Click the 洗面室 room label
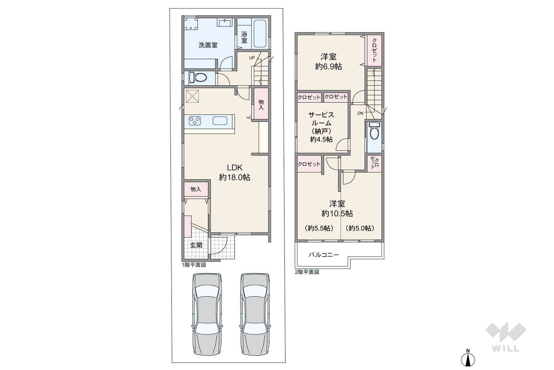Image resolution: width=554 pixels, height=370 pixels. tap(208, 45)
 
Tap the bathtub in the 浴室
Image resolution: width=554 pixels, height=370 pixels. tap(260, 34)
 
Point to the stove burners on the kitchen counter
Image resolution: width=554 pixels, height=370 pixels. tap(195, 121)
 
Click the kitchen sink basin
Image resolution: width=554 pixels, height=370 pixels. tap(220, 121)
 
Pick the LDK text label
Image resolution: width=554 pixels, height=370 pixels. tap(235, 168)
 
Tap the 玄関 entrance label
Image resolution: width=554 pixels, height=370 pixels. tap(196, 245)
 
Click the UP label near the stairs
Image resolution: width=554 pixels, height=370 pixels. tap(252, 58)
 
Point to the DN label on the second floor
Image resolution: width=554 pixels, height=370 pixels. tap(360, 113)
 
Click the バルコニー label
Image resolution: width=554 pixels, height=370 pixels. tap(324, 255)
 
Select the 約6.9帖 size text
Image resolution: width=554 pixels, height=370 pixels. tap(329, 67)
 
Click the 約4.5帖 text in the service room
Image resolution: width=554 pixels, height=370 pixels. tap(321, 139)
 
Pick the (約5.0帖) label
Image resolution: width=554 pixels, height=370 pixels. tap(360, 228)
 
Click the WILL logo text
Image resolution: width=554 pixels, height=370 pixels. tap(505, 348)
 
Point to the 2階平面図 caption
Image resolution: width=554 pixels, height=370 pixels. tap(307, 272)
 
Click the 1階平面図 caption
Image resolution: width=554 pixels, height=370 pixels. tap(194, 265)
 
